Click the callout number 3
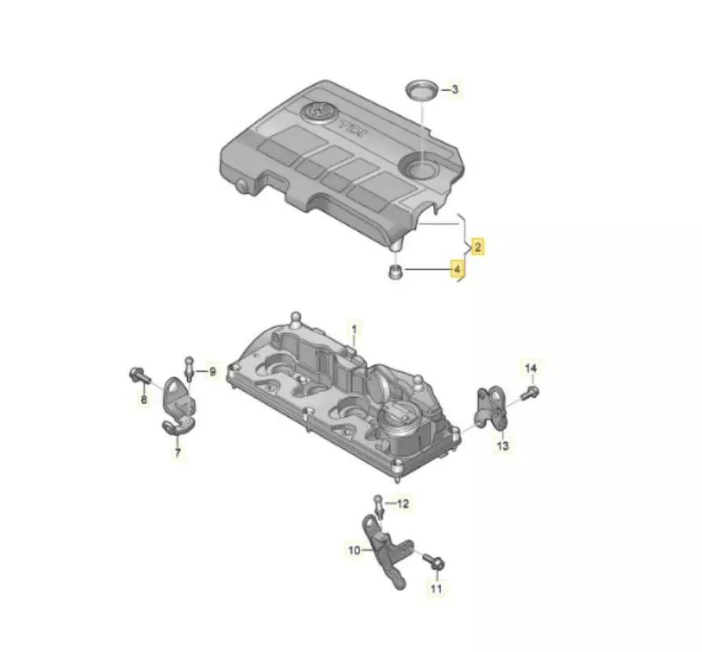[x=455, y=90]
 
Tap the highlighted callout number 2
[x=478, y=247]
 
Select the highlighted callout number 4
[x=457, y=269]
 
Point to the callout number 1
[x=354, y=330]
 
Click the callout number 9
[x=212, y=371]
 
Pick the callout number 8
[x=144, y=399]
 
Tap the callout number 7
[x=178, y=452]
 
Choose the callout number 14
[x=531, y=368]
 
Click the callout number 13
[x=503, y=445]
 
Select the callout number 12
[x=403, y=504]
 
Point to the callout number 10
[x=354, y=550]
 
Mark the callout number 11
[x=436, y=588]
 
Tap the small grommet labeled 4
[x=395, y=272]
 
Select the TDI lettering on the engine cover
[x=353, y=130]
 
